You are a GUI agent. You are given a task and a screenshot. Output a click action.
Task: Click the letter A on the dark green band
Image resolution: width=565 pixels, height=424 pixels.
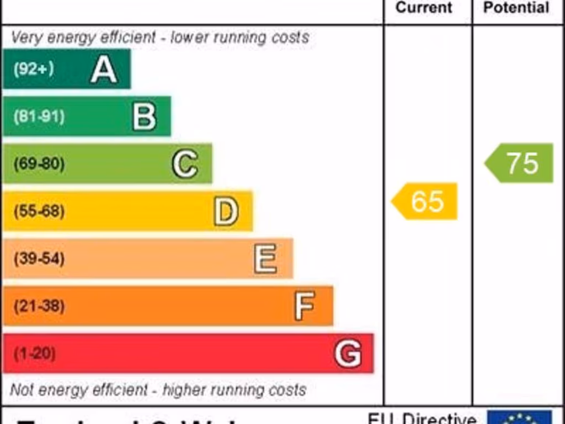click(x=104, y=70)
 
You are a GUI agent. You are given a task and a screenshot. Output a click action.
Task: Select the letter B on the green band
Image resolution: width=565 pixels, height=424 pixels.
click(x=144, y=116)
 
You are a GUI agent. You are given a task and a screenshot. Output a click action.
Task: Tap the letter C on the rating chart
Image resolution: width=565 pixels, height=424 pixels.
click(x=184, y=164)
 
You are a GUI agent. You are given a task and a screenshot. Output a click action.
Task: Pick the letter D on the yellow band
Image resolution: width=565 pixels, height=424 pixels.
click(x=226, y=211)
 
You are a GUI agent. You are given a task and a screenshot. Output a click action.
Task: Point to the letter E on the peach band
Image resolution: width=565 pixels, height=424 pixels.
click(x=265, y=258)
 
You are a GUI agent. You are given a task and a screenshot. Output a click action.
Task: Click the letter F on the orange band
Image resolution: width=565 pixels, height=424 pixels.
click(x=305, y=306)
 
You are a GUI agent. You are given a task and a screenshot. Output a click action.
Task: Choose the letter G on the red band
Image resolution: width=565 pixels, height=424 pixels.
click(x=348, y=353)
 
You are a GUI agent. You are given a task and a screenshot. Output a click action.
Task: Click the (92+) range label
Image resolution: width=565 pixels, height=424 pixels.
click(x=34, y=69)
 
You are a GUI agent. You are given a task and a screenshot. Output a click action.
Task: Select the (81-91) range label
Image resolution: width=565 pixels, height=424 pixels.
click(x=39, y=116)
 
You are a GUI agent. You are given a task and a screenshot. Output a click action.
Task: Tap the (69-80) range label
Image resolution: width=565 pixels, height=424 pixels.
click(x=39, y=164)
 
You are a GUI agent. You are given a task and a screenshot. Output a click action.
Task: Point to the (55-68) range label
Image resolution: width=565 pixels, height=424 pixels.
click(x=39, y=211)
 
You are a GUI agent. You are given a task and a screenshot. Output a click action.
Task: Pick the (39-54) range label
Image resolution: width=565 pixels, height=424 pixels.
click(x=39, y=258)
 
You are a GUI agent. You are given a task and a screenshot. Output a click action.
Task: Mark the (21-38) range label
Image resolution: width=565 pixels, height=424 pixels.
click(x=39, y=306)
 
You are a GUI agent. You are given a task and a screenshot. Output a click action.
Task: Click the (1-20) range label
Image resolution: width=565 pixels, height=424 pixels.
click(x=34, y=353)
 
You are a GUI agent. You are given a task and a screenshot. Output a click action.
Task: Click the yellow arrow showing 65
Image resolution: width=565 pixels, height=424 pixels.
click(x=425, y=201)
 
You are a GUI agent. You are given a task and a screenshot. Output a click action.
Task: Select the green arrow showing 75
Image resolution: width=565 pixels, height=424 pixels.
click(x=520, y=163)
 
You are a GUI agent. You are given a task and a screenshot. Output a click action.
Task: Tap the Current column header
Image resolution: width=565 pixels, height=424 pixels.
click(x=424, y=8)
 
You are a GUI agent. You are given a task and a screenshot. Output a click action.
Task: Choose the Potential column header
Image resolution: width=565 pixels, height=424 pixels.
click(x=516, y=8)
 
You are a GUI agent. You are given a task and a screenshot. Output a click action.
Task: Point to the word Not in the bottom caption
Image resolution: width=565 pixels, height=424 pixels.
click(x=22, y=390)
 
